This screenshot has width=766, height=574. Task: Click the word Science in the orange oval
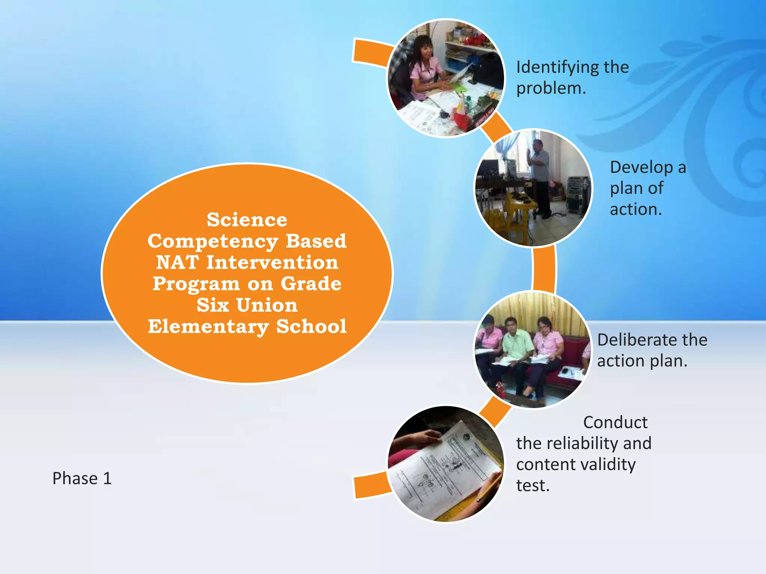[247, 220]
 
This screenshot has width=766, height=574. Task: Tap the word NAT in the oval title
[177, 262]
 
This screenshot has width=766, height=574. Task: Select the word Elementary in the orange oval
[208, 327]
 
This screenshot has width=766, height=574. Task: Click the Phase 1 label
[82, 478]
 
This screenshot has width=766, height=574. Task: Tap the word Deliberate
[632, 340]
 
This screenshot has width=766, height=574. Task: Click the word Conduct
[615, 423]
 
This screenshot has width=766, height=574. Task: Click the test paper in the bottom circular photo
[445, 471]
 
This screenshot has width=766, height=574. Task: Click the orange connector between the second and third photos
[544, 268]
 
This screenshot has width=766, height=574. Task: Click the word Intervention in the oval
[272, 262]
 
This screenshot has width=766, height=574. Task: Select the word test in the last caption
[533, 486]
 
